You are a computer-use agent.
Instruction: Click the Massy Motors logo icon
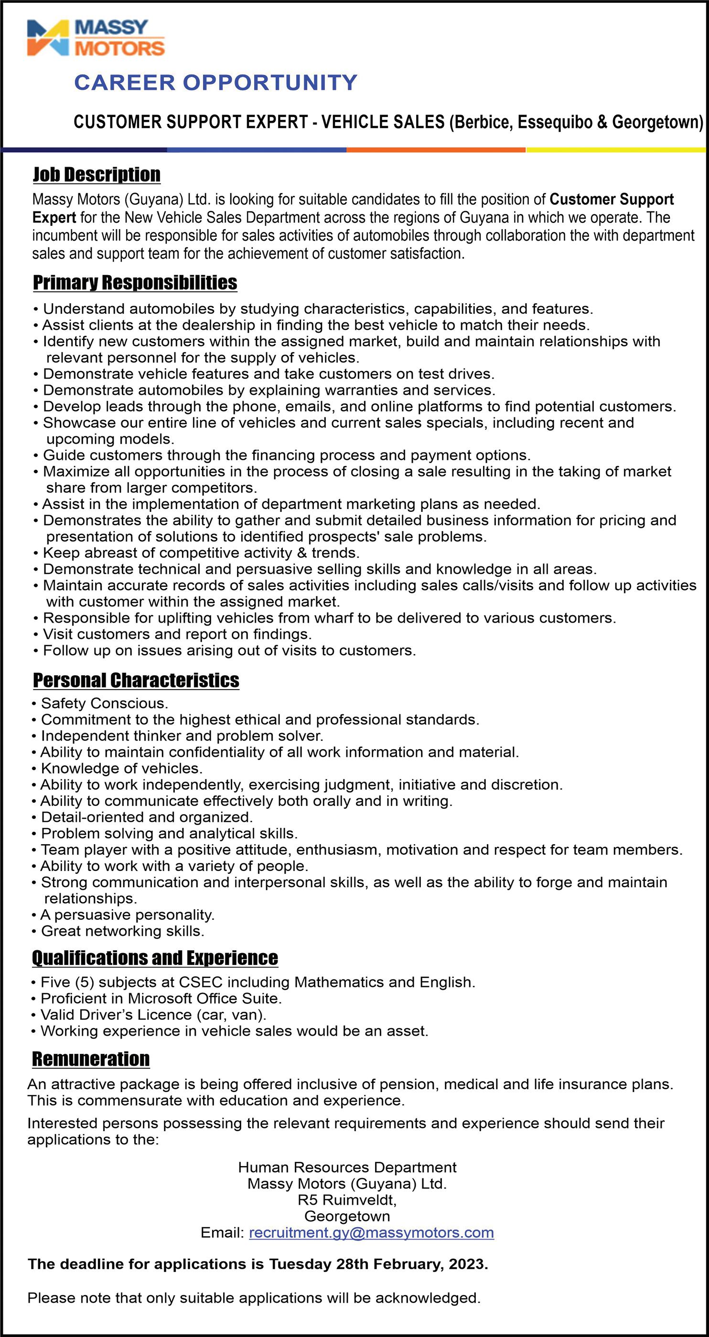click(48, 38)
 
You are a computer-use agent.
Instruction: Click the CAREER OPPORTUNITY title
click(215, 83)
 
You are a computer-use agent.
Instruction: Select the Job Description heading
click(97, 175)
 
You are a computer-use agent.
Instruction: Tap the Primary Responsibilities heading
click(135, 283)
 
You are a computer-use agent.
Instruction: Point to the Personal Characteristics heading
click(136, 680)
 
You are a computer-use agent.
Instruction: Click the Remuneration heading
click(91, 1059)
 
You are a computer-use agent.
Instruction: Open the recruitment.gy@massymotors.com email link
click(371, 1233)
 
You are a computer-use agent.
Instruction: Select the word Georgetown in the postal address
click(347, 1216)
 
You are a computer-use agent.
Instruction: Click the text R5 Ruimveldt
click(347, 1200)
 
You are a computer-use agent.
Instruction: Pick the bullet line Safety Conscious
click(104, 704)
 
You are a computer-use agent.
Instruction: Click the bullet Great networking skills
click(122, 931)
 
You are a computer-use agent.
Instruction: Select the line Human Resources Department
click(347, 1167)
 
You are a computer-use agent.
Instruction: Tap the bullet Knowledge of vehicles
click(121, 769)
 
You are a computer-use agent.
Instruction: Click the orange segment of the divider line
click(436, 150)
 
